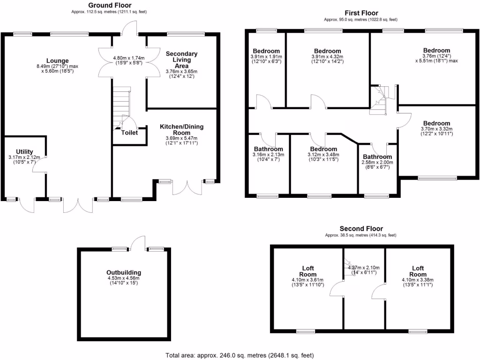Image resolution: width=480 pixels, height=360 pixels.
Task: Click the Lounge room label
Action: tap(58, 60)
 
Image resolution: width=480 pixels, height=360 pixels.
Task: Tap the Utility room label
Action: tap(25, 151)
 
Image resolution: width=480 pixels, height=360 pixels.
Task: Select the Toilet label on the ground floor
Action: tap(129, 133)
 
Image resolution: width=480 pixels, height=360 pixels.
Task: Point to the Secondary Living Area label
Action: tap(182, 60)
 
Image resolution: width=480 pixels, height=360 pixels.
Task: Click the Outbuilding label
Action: tap(124, 272)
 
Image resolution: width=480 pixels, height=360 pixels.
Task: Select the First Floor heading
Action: tap(361, 13)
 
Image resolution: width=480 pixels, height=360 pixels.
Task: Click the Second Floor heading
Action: tap(361, 229)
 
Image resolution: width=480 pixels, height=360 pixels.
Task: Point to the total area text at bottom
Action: tap(240, 355)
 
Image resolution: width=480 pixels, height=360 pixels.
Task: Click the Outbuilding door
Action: tap(138, 243)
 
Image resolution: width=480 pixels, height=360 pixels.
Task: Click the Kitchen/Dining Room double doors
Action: tap(186, 187)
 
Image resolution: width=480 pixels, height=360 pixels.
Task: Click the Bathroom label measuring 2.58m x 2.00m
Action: tap(377, 157)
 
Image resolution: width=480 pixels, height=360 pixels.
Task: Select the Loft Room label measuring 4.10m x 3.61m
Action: tap(307, 271)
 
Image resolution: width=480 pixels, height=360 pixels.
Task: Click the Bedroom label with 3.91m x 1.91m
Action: tap(266, 51)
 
